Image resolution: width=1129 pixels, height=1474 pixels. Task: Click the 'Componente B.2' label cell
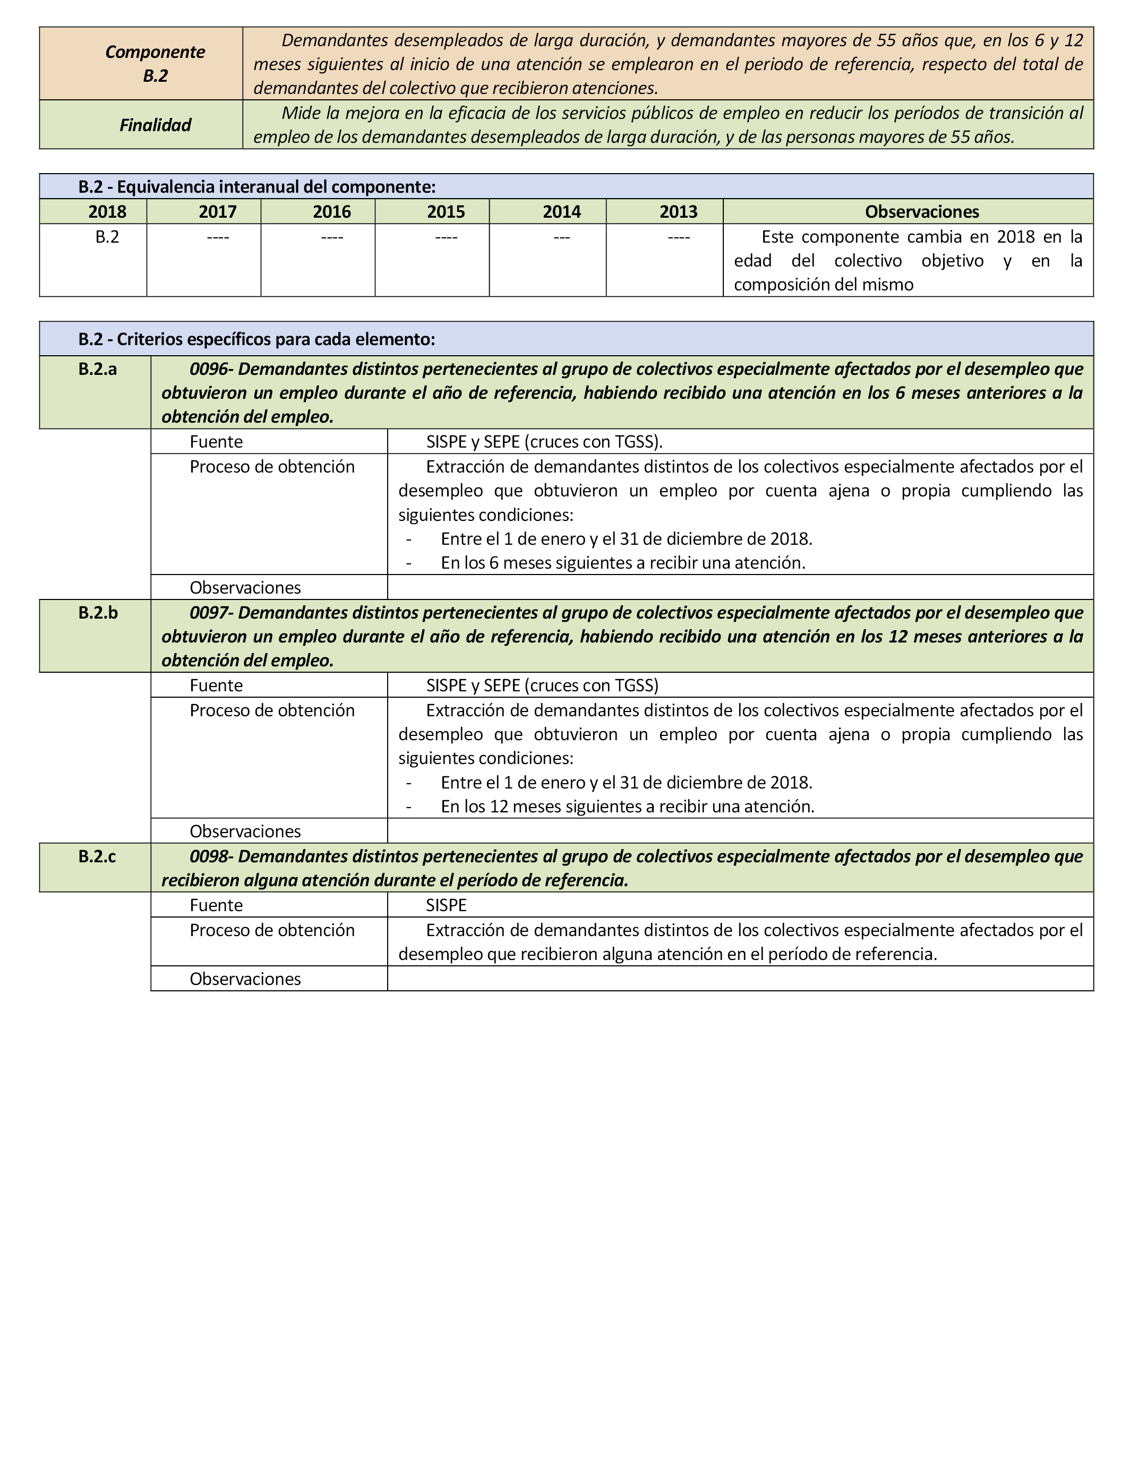click(155, 64)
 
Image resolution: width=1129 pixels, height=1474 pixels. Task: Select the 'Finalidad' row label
click(155, 125)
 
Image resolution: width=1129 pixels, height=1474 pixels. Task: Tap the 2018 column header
click(107, 212)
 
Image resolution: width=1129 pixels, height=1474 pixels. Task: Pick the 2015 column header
click(446, 212)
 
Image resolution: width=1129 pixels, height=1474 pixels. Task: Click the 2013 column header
click(678, 212)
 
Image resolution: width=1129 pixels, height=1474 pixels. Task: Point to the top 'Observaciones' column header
click(921, 212)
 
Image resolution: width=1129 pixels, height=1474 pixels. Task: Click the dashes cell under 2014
click(562, 237)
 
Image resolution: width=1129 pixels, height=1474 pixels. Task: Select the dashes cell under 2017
click(218, 237)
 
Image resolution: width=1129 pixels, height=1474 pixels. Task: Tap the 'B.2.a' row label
click(97, 369)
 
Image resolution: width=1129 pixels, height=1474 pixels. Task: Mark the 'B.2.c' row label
click(97, 856)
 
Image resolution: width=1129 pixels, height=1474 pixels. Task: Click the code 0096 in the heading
click(209, 369)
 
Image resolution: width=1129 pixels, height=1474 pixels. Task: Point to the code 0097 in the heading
click(209, 613)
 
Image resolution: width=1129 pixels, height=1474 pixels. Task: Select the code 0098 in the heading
click(209, 856)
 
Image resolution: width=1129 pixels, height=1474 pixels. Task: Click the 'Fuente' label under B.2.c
click(216, 905)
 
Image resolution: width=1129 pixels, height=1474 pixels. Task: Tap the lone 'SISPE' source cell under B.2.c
click(446, 905)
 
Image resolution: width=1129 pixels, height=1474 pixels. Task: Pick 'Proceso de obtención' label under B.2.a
click(272, 467)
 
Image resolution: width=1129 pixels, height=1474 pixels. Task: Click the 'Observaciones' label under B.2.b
click(245, 831)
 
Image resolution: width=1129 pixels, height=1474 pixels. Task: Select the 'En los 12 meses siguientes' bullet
click(627, 806)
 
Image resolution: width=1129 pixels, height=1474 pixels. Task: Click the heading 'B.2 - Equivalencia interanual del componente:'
click(256, 187)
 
